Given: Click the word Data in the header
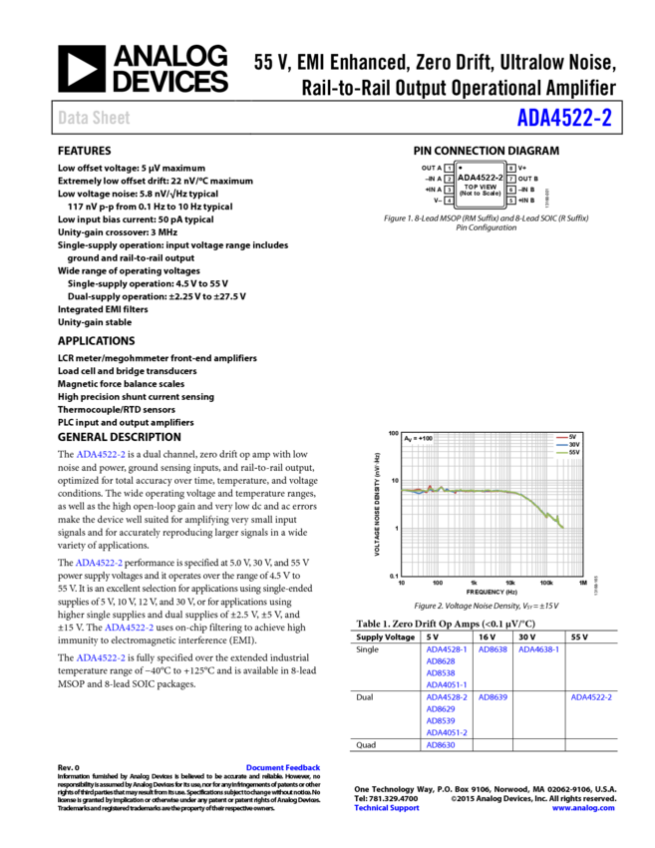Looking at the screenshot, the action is tap(72, 118).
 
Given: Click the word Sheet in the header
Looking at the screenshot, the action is tap(112, 118).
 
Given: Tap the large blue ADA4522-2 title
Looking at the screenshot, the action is tap(563, 118).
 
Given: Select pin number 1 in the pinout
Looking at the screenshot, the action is tap(449, 168).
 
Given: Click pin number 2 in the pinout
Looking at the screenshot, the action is tap(449, 179).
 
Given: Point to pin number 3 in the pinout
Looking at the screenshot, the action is tap(449, 190).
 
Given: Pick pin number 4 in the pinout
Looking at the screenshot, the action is tap(449, 201).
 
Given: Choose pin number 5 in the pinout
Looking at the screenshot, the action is tap(510, 201).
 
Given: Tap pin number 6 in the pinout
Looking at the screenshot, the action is tap(510, 190).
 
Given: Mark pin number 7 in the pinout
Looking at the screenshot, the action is tap(510, 179).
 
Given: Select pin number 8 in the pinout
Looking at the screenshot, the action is tap(510, 168).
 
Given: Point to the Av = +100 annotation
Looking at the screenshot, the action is tap(418, 438).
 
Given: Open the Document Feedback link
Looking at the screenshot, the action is tap(283, 767).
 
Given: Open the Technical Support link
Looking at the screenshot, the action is tap(386, 808).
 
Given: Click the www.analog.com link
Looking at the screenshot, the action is tap(583, 808).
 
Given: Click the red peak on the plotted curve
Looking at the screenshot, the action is tap(430, 487).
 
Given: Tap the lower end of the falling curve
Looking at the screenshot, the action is tap(562, 526).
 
